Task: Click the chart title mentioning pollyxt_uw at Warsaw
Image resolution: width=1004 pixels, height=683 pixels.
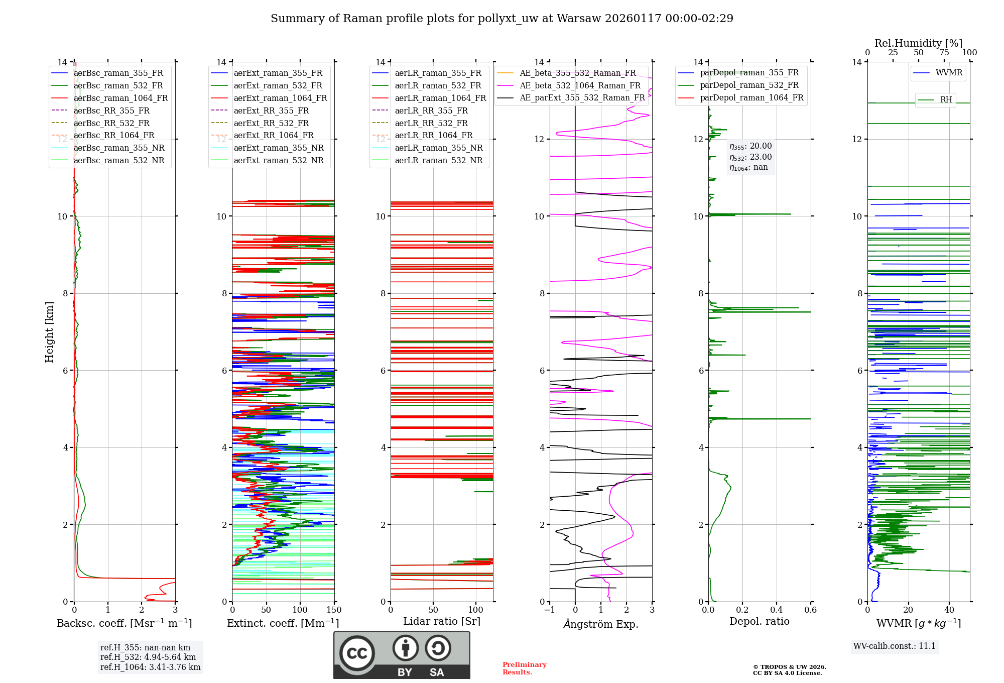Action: click(501, 19)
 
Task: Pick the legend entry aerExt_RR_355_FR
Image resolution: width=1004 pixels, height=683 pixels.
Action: click(271, 110)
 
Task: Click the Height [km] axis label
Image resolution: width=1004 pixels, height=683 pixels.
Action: click(49, 331)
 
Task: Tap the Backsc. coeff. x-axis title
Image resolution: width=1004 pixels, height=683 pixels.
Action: click(124, 623)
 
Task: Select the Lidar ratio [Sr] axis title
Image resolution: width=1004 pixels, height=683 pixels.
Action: click(442, 621)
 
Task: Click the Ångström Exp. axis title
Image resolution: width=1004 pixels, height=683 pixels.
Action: click(601, 624)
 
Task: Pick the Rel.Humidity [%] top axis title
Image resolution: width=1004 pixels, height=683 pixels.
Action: click(918, 43)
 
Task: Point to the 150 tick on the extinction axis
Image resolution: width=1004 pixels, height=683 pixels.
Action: click(334, 610)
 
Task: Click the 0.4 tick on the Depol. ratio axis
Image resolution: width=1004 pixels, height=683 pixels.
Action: click(776, 610)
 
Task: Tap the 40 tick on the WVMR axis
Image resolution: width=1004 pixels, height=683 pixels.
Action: click(949, 610)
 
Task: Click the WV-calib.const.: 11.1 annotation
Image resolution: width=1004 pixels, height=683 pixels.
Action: click(895, 646)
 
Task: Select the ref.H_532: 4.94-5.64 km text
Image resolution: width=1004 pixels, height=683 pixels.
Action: click(148, 657)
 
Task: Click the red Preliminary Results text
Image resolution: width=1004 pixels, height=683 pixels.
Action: click(524, 668)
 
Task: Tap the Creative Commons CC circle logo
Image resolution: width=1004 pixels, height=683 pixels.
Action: click(357, 653)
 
